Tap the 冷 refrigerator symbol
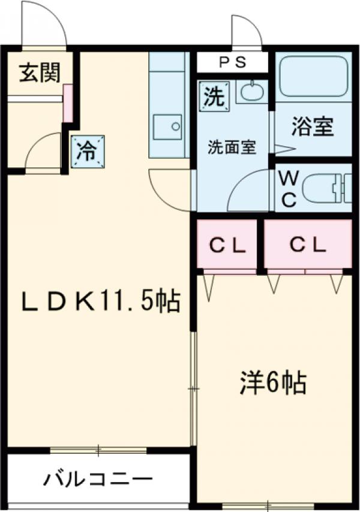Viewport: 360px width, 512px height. (x=88, y=149)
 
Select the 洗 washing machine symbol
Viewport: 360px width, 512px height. (x=214, y=97)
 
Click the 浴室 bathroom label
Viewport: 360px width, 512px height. (x=313, y=128)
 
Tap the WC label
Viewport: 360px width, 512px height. (x=289, y=189)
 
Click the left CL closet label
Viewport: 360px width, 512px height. (x=227, y=244)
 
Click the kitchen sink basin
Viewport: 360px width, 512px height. (x=167, y=127)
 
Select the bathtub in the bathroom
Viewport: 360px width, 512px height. (x=314, y=76)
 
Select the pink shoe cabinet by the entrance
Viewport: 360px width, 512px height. (x=67, y=103)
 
